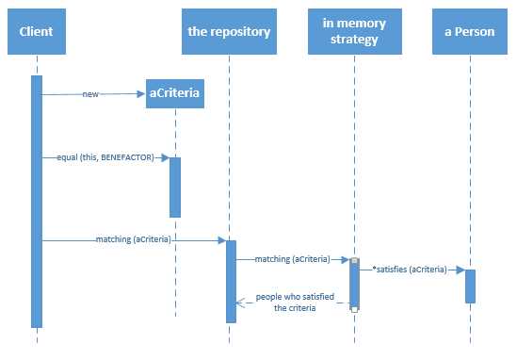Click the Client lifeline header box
(x=36, y=31)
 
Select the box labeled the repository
(x=229, y=31)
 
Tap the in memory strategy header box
(x=355, y=31)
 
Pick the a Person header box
(x=470, y=31)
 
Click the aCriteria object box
(x=175, y=94)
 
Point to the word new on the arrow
(x=90, y=94)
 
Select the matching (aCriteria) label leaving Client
(x=133, y=240)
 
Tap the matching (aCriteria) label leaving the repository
(x=292, y=258)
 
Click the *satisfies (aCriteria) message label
(x=410, y=270)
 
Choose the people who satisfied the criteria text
(x=294, y=302)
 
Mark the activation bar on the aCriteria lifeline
(x=175, y=187)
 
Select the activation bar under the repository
(x=231, y=281)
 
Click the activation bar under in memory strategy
(x=355, y=283)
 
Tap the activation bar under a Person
(x=470, y=286)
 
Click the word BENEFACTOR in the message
(x=134, y=157)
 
